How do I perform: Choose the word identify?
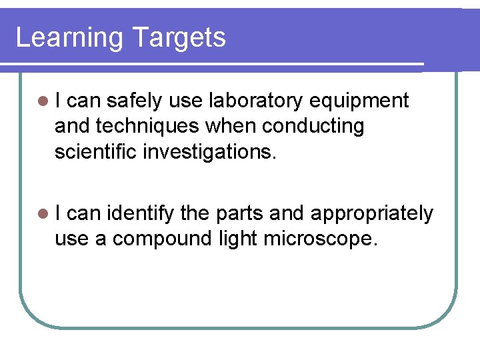coord(140,213)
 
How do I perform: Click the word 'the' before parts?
coord(194,213)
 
